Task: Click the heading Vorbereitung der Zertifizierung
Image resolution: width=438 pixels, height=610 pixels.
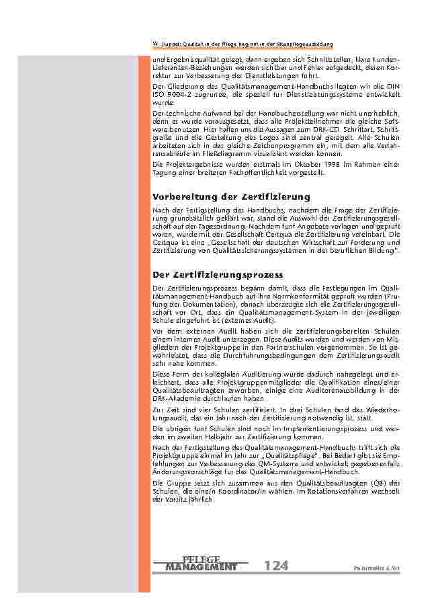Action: pyautogui.click(x=231, y=196)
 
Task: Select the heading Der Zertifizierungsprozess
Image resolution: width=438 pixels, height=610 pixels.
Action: pyautogui.click(x=218, y=274)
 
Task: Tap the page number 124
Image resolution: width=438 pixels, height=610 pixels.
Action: pyautogui.click(x=276, y=566)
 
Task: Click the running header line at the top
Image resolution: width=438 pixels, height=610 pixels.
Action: pyautogui.click(x=243, y=44)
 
